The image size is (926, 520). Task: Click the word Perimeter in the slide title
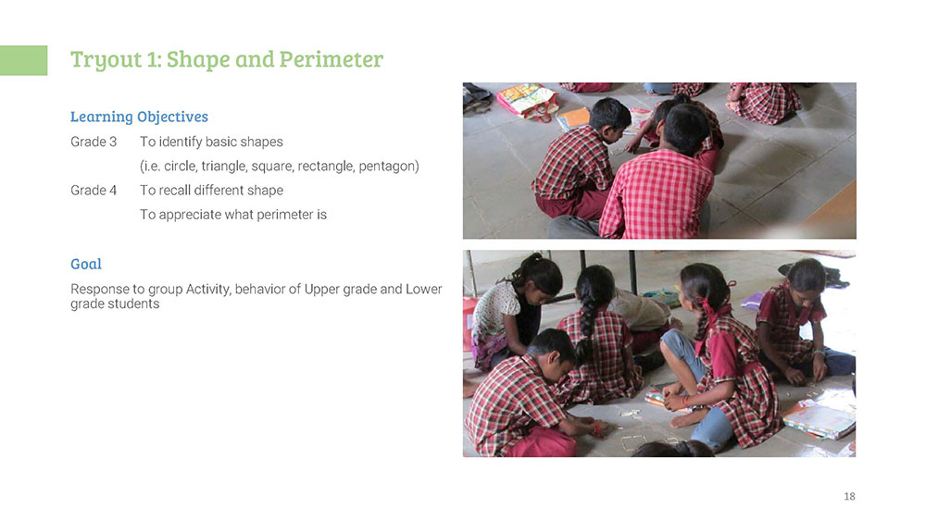pos(332,59)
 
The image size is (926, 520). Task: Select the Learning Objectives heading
pos(140,117)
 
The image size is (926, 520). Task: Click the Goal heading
pos(86,264)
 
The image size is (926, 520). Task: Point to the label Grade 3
pos(94,142)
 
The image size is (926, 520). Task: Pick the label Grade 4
pos(94,190)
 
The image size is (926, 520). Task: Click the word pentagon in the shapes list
pos(387,167)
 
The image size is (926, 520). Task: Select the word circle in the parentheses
pos(181,166)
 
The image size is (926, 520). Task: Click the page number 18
pos(849,496)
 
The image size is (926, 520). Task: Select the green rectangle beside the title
pos(24,60)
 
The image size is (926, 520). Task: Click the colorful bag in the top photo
pos(526,99)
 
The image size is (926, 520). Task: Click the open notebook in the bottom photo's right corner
pos(820,418)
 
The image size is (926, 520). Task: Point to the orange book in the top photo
pos(573,118)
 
